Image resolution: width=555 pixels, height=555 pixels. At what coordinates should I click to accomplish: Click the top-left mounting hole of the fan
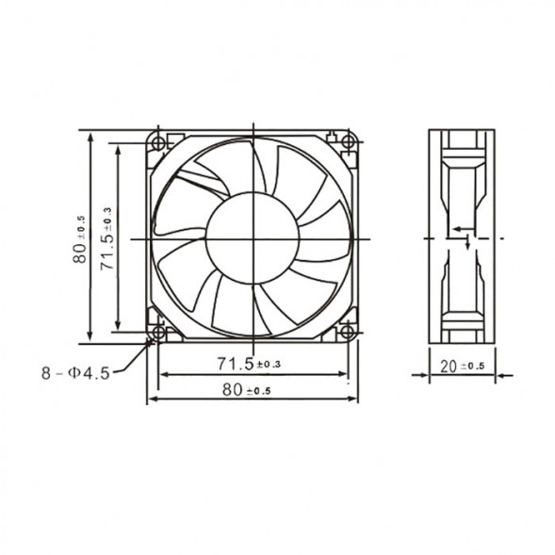[157, 142]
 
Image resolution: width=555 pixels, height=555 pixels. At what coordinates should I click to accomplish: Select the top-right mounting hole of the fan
[348, 142]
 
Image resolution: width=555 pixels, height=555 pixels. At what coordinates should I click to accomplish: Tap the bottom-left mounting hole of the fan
[157, 333]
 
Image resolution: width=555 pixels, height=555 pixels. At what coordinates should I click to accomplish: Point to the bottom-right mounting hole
[348, 333]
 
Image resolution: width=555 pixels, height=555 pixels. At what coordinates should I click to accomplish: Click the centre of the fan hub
[253, 237]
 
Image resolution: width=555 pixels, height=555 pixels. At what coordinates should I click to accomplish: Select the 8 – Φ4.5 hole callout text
[75, 373]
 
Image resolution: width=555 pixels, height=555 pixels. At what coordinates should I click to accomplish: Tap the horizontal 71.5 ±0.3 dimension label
[249, 363]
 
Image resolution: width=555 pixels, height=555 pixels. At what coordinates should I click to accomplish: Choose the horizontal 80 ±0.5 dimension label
[246, 389]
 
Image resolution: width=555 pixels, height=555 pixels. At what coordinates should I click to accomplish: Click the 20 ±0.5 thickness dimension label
[462, 366]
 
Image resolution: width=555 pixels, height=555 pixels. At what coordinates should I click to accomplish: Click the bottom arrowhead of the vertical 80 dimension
[90, 339]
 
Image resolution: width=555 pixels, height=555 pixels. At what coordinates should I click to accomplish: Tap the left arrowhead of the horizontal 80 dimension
[151, 399]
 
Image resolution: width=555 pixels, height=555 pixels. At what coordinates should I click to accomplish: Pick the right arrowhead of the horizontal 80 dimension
[354, 399]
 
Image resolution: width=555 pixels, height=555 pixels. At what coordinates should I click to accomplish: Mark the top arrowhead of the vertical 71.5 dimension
[118, 147]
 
